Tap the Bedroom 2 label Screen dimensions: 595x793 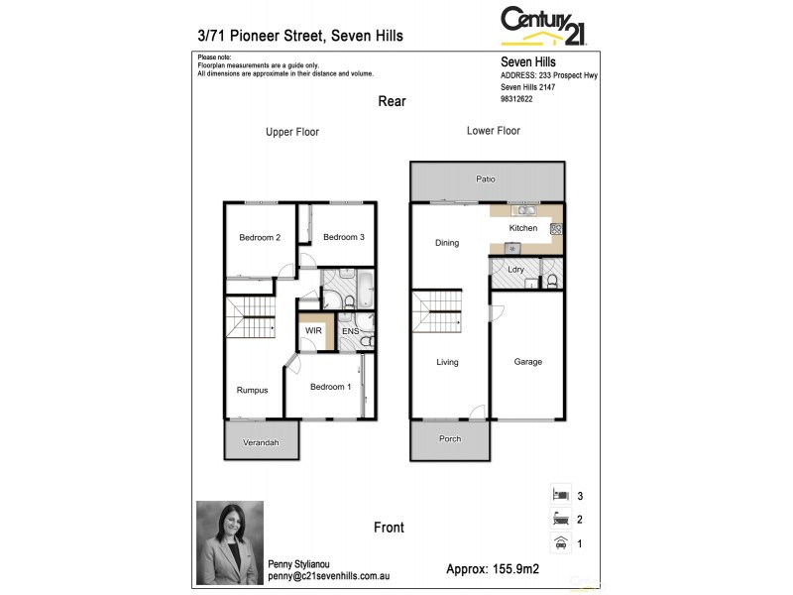coord(260,237)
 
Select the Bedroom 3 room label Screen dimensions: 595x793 coord(344,237)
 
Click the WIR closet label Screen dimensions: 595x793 coord(313,330)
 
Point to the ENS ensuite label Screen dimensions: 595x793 coord(350,330)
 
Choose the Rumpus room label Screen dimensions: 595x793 coord(252,390)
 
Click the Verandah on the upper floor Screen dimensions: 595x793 coord(260,442)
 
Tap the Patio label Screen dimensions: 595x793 coord(486,179)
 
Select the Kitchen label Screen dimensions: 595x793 coord(523,228)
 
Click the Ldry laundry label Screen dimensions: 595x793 coord(515,270)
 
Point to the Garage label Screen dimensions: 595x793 coord(527,362)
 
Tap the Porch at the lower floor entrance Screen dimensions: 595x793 coord(450,439)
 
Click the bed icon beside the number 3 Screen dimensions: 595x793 coord(559,494)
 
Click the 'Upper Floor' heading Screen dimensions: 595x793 coord(292,132)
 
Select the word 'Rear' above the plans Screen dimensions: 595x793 coord(392,101)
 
